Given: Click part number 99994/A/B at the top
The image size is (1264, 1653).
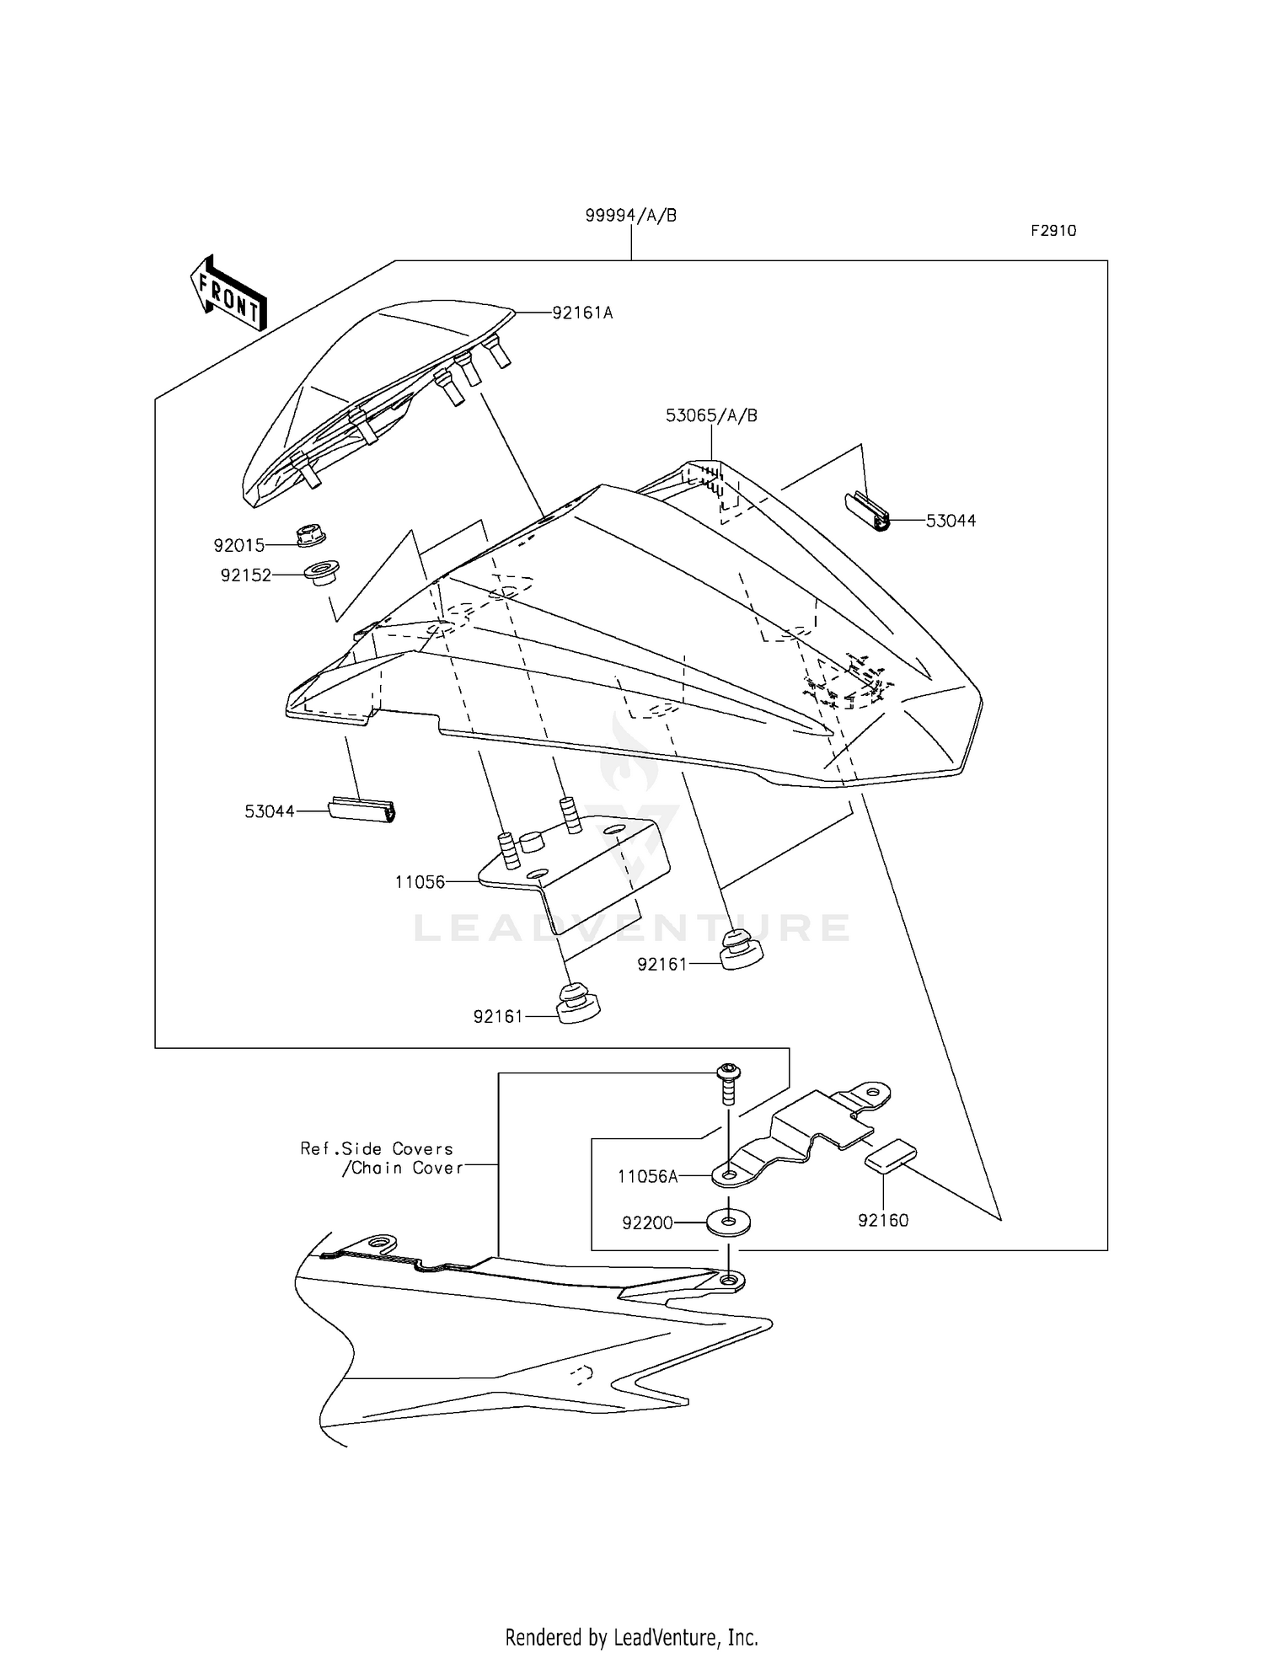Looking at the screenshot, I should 631,216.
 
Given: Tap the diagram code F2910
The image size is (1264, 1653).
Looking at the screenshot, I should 1053,231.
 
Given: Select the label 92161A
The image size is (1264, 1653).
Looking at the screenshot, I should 582,313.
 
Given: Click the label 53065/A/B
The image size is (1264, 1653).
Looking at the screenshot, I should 711,416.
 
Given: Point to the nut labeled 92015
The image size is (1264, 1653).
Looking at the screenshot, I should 311,536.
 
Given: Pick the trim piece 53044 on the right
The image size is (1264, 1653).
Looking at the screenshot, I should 869,513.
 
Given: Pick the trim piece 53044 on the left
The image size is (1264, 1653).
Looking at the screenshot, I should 361,810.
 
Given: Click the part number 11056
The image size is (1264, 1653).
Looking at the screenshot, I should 420,882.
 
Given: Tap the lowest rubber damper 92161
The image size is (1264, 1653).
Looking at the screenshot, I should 577,1002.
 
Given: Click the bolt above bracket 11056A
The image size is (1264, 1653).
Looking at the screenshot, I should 726,1083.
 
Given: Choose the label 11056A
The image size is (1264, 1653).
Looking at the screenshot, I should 647,1177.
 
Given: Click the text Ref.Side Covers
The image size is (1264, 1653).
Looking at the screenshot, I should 377,1149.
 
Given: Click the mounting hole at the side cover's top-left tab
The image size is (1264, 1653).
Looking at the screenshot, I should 382,1244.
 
